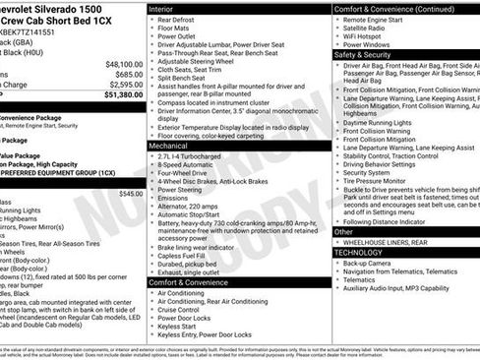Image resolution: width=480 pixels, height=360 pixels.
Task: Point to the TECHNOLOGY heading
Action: pyautogui.click(x=363, y=253)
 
